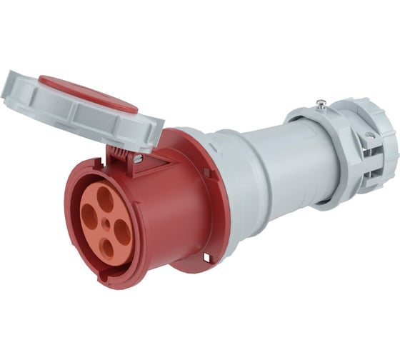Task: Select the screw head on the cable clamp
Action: tap(369, 135)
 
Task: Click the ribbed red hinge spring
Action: tap(119, 154)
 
